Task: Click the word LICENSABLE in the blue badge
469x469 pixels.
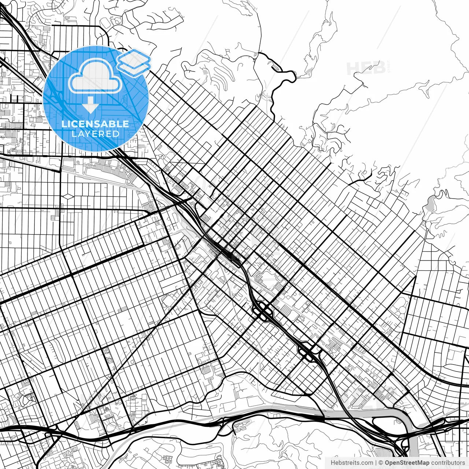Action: pos(95,124)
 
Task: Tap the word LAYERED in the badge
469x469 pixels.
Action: pos(95,134)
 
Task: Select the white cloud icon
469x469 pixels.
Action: pos(95,76)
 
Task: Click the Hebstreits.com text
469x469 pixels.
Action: pos(352,463)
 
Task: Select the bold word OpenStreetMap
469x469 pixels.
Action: pos(407,463)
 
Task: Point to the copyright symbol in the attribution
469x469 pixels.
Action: pos(381,463)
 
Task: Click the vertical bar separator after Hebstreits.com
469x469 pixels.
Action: pos(376,463)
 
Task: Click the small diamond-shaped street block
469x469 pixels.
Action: pos(68,197)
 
